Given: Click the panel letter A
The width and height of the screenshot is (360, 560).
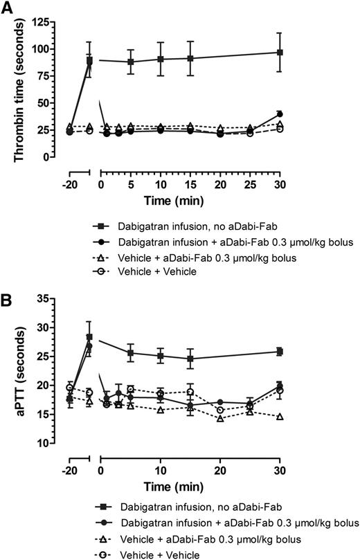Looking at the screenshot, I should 9,8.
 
